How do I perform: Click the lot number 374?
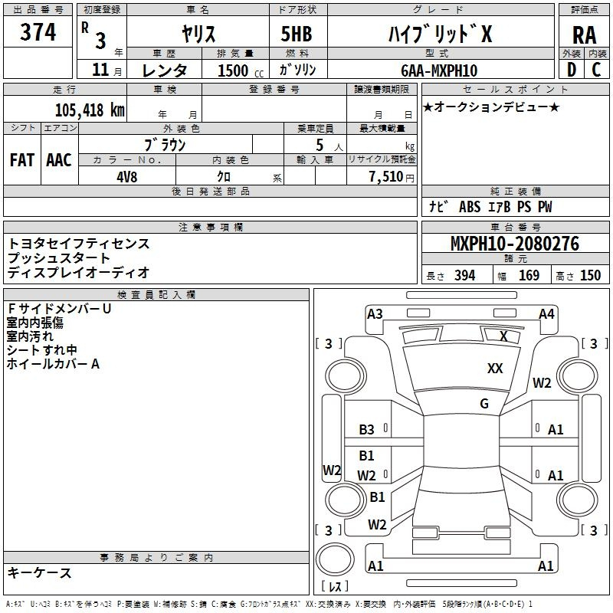pos(38,32)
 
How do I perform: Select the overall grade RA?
pos(585,35)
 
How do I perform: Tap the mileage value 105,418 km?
pos(90,110)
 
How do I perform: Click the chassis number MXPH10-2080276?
pos(515,244)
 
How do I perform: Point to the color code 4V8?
pos(127,177)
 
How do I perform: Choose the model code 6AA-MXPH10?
pos(439,70)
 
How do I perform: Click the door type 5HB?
pos(297,34)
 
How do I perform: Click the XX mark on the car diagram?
pos(495,369)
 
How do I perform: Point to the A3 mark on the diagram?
pos(375,314)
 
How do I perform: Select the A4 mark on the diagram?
pos(546,314)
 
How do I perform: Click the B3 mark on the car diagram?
pos(366,430)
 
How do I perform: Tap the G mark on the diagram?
pos(484,404)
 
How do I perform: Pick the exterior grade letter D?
pos(572,70)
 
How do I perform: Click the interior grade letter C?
pos(596,70)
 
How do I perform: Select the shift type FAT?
pos(22,160)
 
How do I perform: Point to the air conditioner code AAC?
pos(59,160)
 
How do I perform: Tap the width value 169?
pos(529,275)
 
